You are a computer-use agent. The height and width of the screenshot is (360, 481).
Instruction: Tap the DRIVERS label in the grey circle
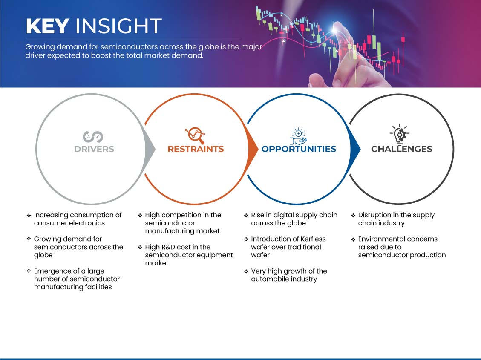point(94,149)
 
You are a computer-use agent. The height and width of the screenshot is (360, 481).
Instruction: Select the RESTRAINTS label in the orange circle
point(196,149)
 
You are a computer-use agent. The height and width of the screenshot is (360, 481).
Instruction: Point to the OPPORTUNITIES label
point(299,149)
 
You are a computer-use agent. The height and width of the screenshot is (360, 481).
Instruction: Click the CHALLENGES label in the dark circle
point(402,149)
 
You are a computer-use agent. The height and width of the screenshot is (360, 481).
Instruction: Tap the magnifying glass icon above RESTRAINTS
point(195,135)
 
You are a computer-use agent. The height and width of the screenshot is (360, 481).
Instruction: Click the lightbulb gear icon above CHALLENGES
point(399,134)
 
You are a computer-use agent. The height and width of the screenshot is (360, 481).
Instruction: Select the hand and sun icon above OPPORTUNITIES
point(299,136)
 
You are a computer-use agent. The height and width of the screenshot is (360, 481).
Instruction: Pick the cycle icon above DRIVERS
point(93,137)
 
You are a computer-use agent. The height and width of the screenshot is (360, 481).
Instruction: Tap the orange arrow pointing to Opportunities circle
point(253,150)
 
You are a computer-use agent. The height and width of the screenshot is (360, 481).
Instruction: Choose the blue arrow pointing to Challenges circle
point(355,150)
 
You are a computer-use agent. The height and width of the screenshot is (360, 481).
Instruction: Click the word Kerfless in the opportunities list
point(313,239)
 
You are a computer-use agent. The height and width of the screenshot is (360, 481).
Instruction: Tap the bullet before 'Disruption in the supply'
point(353,215)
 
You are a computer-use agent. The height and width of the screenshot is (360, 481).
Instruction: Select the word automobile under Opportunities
point(268,279)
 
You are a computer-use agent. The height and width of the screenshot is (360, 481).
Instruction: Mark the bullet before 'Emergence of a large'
point(29,271)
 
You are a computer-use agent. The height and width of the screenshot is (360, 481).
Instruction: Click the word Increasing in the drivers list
point(50,215)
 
